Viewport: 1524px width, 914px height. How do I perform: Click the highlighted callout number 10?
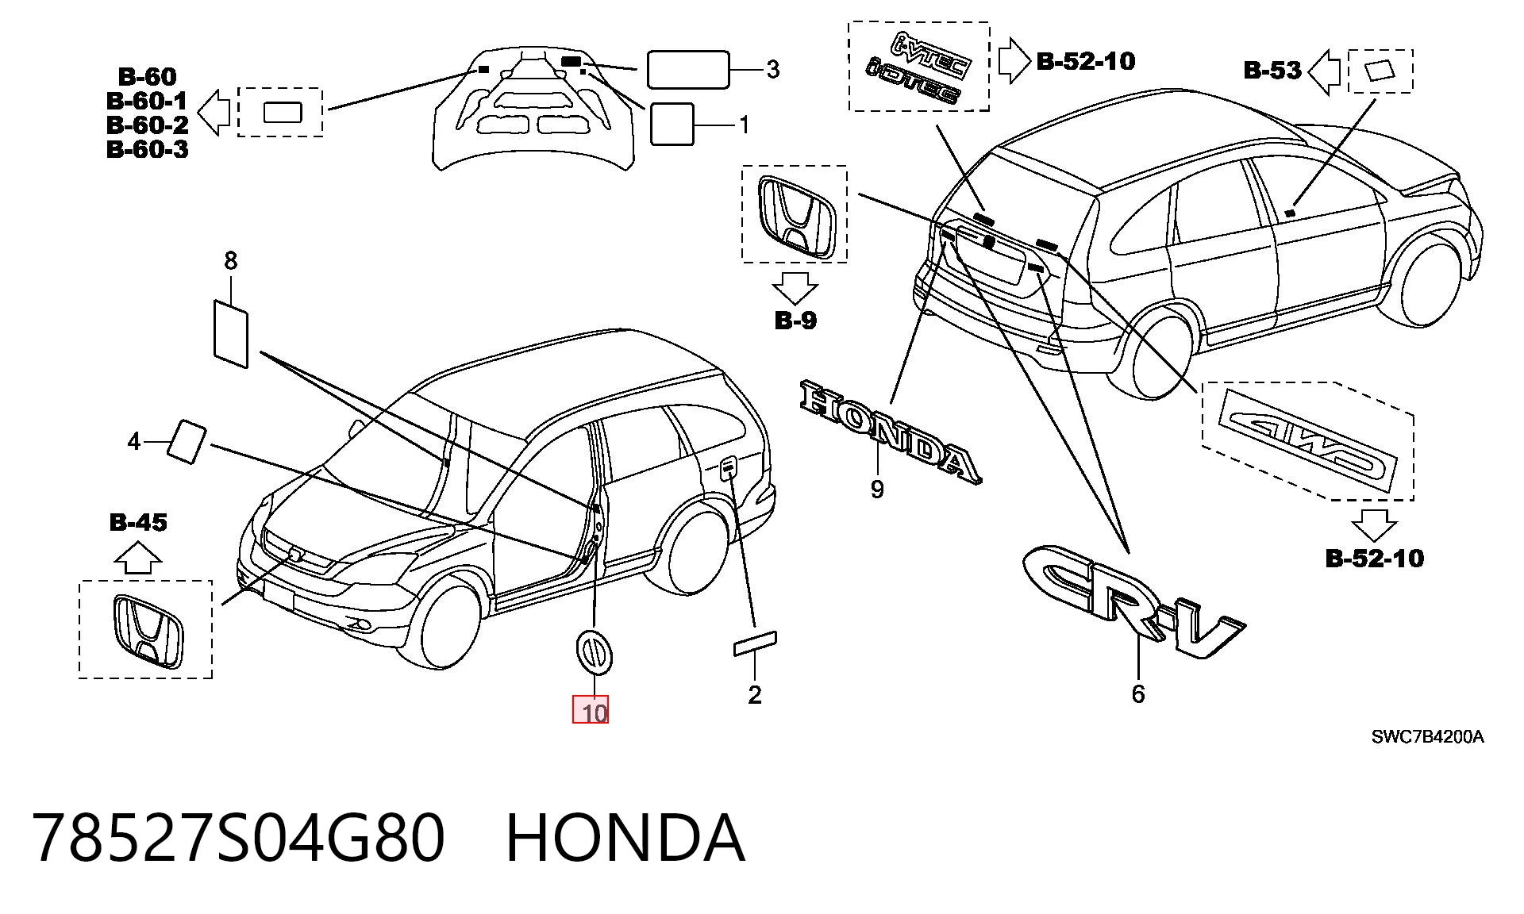click(x=595, y=712)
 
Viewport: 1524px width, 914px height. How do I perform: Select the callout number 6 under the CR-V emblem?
click(x=1138, y=694)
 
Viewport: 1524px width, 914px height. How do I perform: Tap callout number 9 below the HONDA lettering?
click(x=877, y=489)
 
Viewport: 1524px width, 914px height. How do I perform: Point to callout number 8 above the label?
click(x=231, y=260)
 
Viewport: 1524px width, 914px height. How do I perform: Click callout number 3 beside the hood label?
click(x=772, y=69)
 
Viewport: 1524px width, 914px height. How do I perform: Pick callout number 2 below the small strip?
click(x=755, y=695)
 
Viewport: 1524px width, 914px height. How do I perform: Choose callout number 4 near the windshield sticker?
click(x=134, y=441)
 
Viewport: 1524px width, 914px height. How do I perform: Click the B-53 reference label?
click(x=1272, y=71)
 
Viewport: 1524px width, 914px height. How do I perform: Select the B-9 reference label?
click(x=795, y=321)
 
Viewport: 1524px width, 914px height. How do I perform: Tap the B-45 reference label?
click(x=138, y=523)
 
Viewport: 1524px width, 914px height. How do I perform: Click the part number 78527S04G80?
click(x=238, y=839)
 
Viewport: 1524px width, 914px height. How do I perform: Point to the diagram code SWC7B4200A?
click(x=1428, y=737)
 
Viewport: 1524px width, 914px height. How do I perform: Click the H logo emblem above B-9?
click(x=795, y=215)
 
